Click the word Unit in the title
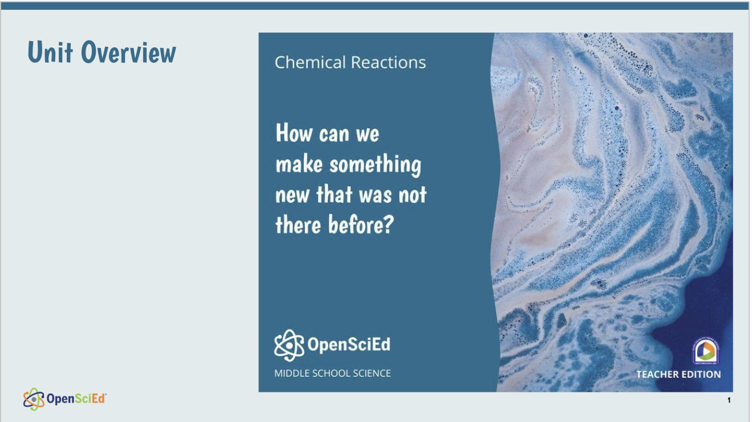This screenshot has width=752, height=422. pyautogui.click(x=50, y=52)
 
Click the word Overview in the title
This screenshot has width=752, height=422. pyautogui.click(x=128, y=52)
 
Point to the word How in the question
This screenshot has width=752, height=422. pyautogui.click(x=294, y=134)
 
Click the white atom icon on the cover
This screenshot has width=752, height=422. pyautogui.click(x=289, y=345)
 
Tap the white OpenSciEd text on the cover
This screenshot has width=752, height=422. pyautogui.click(x=349, y=345)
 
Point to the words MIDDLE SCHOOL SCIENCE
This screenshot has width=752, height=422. pyautogui.click(x=333, y=374)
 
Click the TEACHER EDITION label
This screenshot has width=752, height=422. pyautogui.click(x=678, y=375)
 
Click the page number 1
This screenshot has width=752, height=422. pyautogui.click(x=729, y=401)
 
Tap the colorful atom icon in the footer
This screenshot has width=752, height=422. pyautogui.click(x=34, y=399)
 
